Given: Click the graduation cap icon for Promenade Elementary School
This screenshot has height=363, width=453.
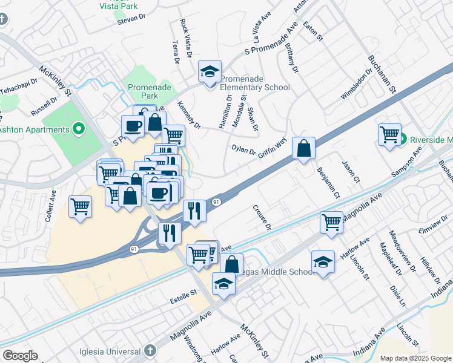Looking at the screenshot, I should (x=210, y=72).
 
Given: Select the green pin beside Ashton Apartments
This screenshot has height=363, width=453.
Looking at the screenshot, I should (x=78, y=129).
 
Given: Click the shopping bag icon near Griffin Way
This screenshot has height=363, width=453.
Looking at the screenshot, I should (x=303, y=148).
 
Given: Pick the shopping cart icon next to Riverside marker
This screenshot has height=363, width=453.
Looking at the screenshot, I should (x=389, y=134).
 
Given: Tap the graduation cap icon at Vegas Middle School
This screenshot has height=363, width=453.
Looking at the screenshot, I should (x=323, y=262).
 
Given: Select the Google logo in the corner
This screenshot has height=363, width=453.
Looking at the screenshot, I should (x=20, y=356).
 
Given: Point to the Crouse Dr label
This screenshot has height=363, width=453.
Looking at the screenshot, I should (x=262, y=217).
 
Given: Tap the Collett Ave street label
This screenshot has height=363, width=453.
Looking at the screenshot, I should (x=51, y=206).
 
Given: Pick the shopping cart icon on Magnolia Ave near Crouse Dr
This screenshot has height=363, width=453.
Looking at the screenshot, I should (x=331, y=222).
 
